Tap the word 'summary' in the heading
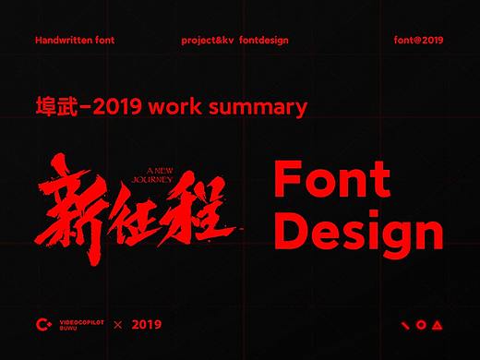[262, 107]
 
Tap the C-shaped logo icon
[41, 324]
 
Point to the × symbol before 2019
[117, 325]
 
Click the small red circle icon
[421, 325]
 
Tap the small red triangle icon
[437, 325]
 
